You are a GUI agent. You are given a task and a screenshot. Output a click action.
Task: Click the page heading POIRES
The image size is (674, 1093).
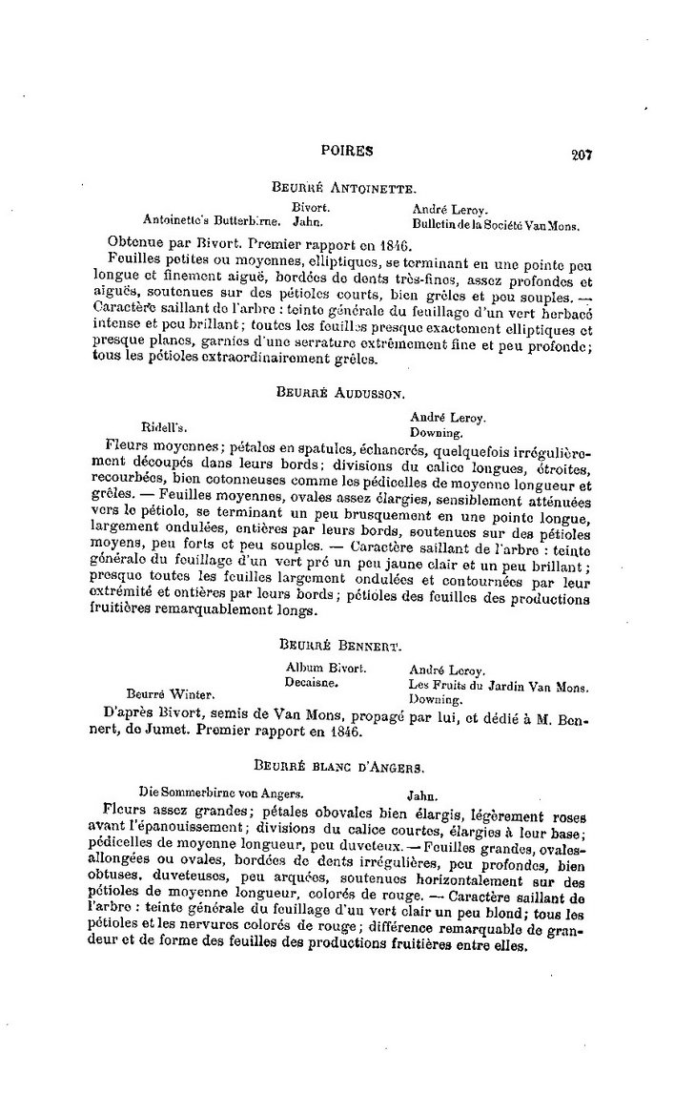coord(347,150)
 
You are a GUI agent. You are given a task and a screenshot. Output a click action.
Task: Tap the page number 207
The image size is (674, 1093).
coord(582,155)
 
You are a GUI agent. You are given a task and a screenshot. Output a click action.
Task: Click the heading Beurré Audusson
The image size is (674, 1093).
coord(341,391)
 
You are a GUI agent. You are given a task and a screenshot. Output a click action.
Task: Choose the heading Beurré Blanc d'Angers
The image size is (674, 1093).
coord(339,766)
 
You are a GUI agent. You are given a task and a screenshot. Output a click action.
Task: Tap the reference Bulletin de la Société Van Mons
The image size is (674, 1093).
coord(496,226)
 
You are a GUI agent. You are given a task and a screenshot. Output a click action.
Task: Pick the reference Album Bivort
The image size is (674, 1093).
coord(326,669)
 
